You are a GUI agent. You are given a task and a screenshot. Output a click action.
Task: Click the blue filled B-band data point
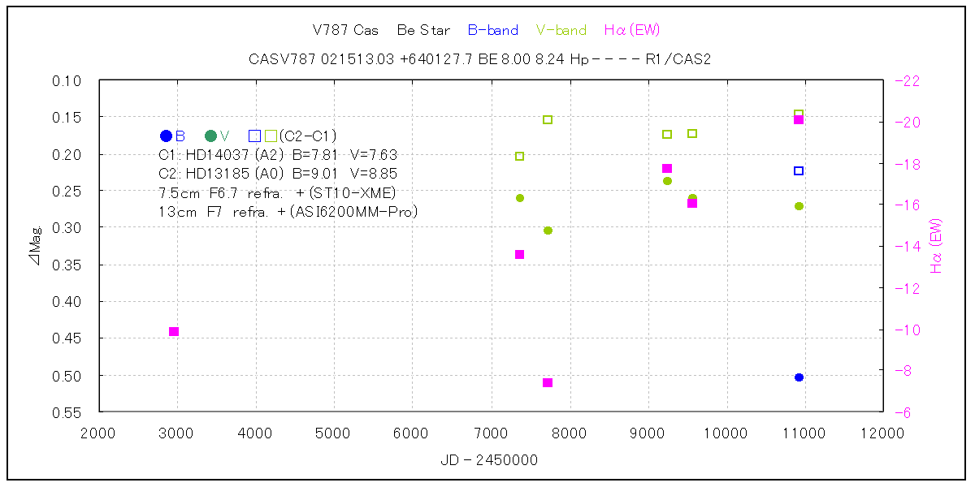point(799,377)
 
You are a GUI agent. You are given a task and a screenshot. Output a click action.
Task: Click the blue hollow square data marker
point(799,170)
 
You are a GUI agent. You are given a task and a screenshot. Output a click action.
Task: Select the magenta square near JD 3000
point(174,331)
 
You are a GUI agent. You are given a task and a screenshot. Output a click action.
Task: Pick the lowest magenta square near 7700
point(548,382)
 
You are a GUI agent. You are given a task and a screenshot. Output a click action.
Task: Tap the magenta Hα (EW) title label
point(632,31)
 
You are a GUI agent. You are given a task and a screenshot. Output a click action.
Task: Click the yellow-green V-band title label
point(561,31)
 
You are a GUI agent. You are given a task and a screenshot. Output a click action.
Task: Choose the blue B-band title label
point(493,31)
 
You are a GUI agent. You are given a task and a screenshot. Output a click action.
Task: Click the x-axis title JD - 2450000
point(489,460)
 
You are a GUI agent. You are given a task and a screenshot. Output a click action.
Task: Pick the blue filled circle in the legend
point(167,136)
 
